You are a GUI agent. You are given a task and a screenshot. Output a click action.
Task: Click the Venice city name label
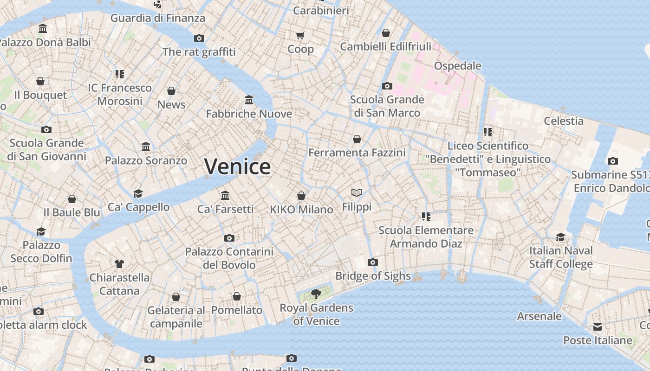pyautogui.click(x=237, y=166)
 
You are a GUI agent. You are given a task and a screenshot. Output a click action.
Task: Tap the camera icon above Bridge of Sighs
pyautogui.click(x=372, y=262)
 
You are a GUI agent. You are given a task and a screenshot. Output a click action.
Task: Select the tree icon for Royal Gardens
pyautogui.click(x=316, y=294)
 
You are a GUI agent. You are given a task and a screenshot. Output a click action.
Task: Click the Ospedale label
pyautogui.click(x=457, y=66)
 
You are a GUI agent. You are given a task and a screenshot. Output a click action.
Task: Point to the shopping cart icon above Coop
pyautogui.click(x=300, y=35)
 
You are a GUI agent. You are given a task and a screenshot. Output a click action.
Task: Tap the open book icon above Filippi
pyautogui.click(x=357, y=192)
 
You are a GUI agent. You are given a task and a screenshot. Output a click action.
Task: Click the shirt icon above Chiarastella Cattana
pyautogui.click(x=119, y=264)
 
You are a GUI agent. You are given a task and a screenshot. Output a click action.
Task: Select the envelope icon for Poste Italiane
pyautogui.click(x=598, y=327)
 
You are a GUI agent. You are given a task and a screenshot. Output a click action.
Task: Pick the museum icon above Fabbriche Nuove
pyautogui.click(x=249, y=100)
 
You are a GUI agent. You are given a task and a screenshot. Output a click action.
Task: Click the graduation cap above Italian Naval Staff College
pyautogui.click(x=561, y=237)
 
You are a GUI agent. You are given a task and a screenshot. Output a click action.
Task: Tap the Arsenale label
pyautogui.click(x=539, y=316)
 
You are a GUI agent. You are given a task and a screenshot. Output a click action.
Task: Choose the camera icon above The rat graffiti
pyautogui.click(x=199, y=38)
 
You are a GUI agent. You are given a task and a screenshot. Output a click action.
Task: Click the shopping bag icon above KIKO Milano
pyautogui.click(x=301, y=196)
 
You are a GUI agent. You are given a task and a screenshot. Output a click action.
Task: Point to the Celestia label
pyautogui.click(x=564, y=121)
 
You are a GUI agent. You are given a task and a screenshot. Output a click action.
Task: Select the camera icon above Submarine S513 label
pyautogui.click(x=613, y=161)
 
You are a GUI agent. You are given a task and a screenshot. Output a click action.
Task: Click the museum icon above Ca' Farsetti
pyautogui.click(x=225, y=195)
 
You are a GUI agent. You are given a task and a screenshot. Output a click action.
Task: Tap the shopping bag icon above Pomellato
pyautogui.click(x=237, y=296)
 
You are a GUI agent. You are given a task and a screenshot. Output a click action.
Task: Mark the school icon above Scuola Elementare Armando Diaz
pyautogui.click(x=426, y=216)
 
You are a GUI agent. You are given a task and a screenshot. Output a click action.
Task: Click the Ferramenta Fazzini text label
pyautogui.click(x=357, y=153)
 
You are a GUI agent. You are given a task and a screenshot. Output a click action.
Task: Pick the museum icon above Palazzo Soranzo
pyautogui.click(x=146, y=147)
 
